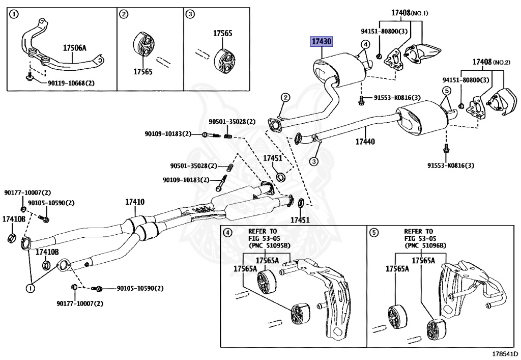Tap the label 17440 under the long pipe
point(365,142)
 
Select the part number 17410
point(135,202)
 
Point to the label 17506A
point(75,48)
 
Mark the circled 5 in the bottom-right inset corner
point(374,233)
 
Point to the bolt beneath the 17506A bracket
point(30,77)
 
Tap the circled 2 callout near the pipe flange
point(286,97)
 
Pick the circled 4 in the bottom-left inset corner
point(227,233)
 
